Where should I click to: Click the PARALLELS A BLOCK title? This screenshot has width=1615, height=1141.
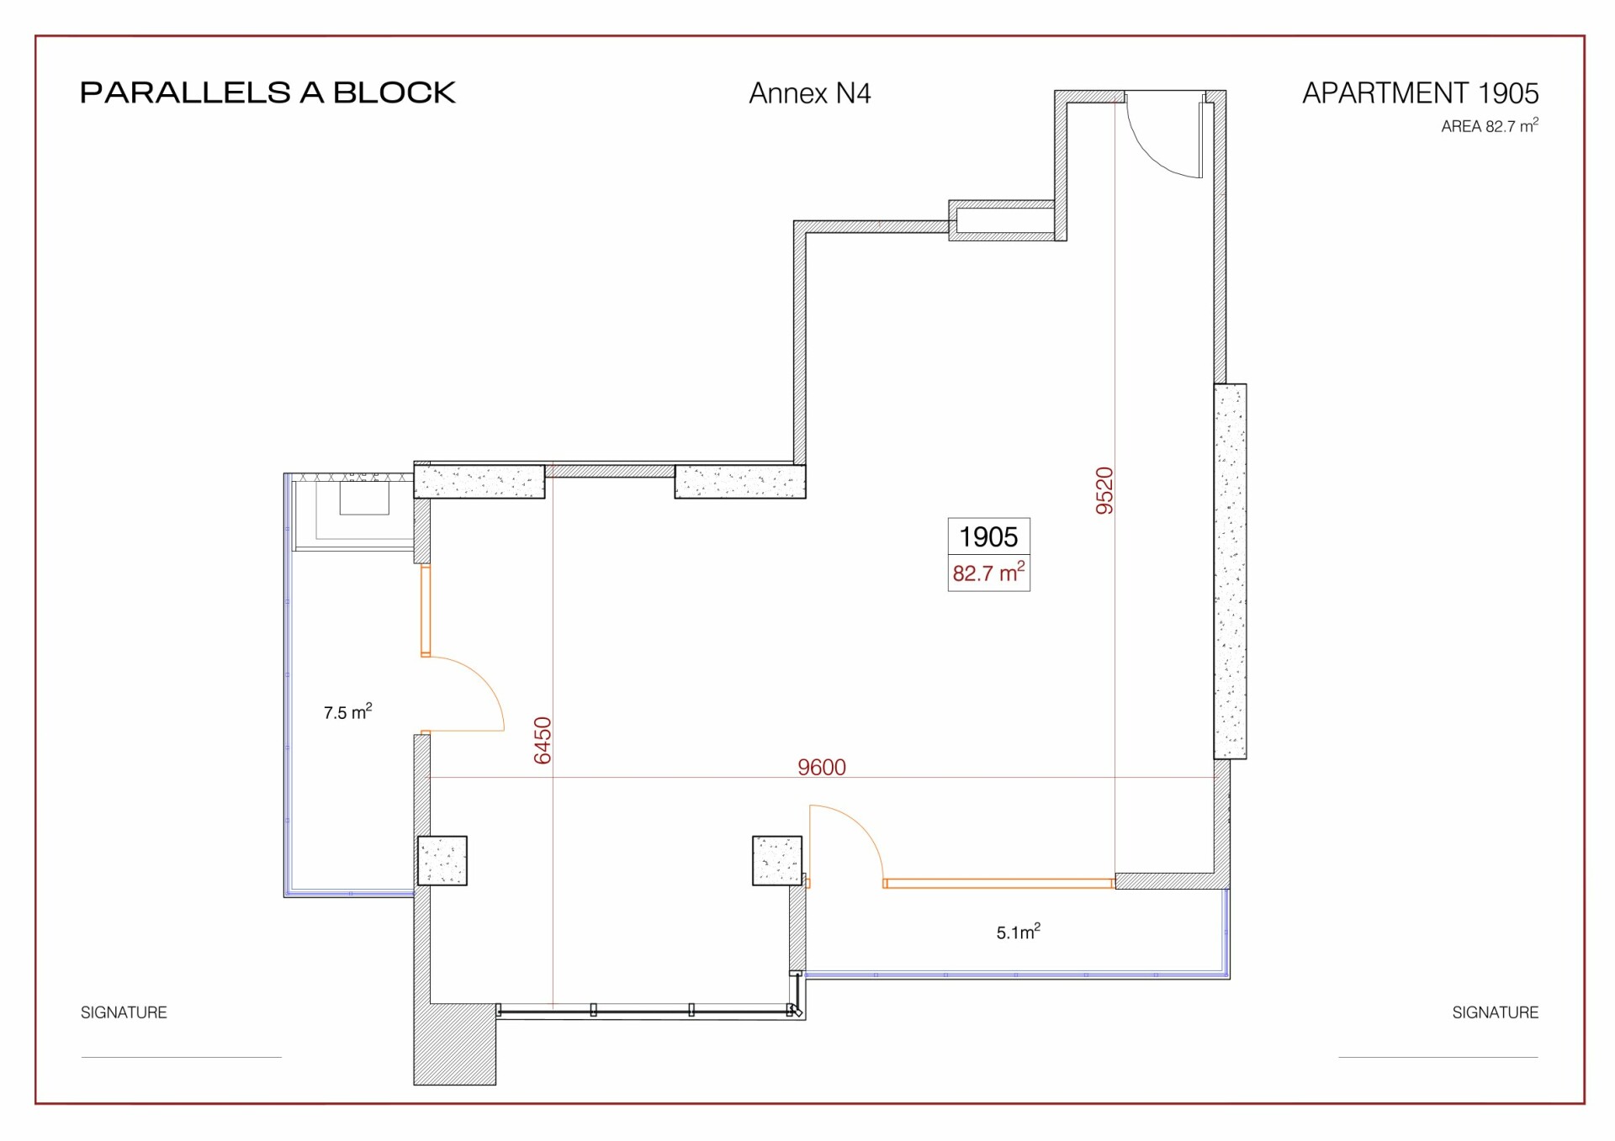point(267,92)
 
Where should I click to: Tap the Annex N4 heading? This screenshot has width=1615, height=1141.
point(810,93)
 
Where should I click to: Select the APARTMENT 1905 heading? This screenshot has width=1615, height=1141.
point(1421,92)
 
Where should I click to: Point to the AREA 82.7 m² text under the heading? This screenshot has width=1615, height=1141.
point(1490,126)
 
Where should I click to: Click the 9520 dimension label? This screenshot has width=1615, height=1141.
point(1104,491)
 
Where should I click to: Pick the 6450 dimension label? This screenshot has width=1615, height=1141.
point(543,741)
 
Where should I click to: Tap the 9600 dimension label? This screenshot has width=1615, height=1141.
point(822,767)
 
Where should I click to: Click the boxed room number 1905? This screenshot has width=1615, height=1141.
point(988,536)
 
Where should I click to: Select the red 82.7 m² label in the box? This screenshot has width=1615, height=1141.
point(988,573)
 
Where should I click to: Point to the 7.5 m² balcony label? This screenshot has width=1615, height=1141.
point(347,712)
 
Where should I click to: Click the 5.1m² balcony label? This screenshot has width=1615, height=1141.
point(1019,932)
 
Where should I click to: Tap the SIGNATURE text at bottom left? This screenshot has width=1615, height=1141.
point(124,1012)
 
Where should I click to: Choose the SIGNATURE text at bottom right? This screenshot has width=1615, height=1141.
point(1496,1012)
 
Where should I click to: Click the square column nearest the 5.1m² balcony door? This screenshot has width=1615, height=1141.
point(777,860)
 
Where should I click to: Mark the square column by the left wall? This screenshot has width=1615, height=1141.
point(442,860)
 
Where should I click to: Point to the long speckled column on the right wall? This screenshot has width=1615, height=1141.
point(1230,571)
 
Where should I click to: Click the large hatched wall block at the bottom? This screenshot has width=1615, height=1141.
point(454,1043)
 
